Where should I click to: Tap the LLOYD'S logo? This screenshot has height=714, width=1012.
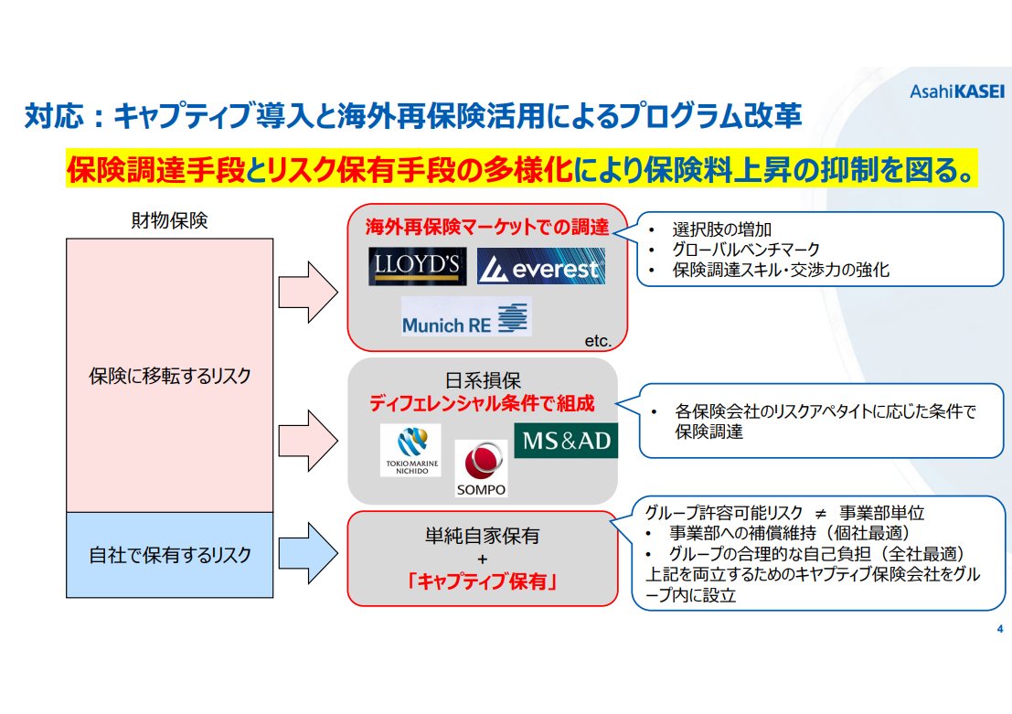click(x=418, y=267)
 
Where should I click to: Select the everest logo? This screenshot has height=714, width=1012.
click(x=541, y=268)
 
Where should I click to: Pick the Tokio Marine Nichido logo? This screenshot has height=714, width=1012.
click(x=410, y=451)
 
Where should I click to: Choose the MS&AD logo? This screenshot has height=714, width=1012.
click(x=566, y=441)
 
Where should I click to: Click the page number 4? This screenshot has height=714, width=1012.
click(x=999, y=629)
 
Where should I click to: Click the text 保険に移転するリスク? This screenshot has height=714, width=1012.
click(x=170, y=376)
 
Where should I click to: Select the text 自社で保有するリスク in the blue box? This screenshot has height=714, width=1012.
click(x=170, y=554)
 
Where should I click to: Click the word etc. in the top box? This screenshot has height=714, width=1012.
click(x=597, y=340)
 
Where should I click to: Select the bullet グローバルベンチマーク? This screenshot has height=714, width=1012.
click(x=745, y=249)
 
